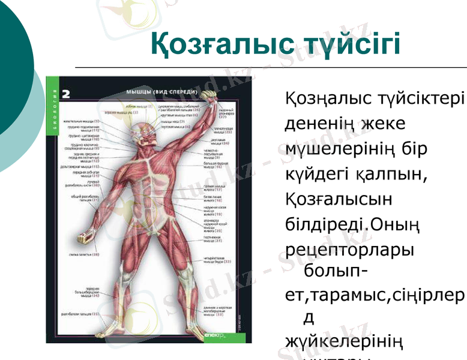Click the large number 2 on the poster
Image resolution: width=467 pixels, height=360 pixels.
click(65, 93)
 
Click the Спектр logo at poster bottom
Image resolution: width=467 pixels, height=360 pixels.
click(214, 336)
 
